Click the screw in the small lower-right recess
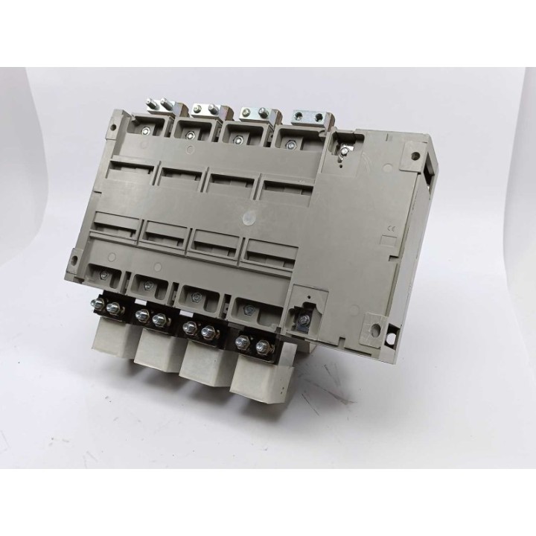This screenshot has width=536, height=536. click(304, 320)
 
